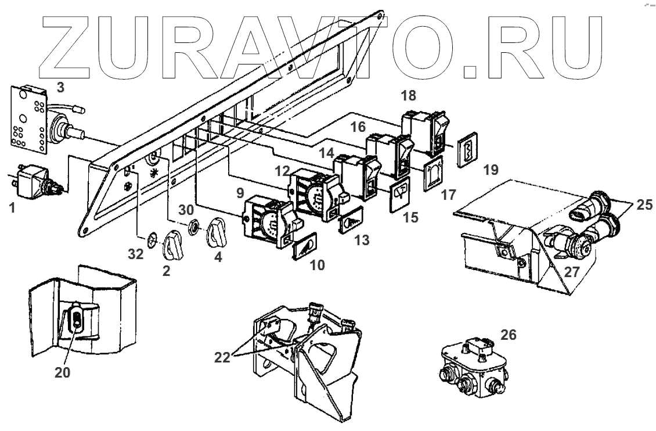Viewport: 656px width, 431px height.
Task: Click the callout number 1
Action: pos(12,206)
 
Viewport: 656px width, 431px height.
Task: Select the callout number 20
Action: pos(62,372)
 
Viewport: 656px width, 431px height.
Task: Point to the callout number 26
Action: pos(507,335)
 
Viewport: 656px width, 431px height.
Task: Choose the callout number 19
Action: pos(490,170)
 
